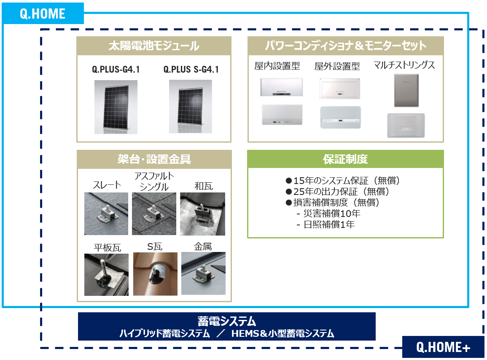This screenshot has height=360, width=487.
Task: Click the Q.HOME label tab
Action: (43, 14)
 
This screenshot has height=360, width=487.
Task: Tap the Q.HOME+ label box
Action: (443, 347)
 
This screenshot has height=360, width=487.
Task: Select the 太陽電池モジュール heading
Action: (154, 46)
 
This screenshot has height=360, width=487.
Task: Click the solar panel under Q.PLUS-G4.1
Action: (116, 107)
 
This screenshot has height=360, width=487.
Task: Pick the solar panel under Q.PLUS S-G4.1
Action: (191, 107)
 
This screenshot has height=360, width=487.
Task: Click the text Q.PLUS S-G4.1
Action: (191, 69)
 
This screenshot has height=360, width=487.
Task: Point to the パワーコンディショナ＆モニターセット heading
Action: (345, 46)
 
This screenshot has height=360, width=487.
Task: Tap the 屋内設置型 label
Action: (277, 66)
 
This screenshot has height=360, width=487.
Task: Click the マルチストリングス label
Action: (404, 65)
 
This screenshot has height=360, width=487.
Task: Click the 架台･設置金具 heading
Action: (154, 159)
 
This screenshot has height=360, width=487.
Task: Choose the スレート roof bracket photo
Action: (106, 214)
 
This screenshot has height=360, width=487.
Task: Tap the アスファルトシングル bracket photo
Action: (154, 214)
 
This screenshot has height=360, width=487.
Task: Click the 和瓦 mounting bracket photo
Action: (202, 214)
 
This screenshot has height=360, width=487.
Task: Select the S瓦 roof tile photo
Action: (154, 274)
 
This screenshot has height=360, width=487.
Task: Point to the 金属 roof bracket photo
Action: (203, 273)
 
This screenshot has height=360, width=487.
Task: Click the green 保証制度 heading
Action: (345, 159)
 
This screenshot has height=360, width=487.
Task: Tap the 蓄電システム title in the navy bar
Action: (226, 321)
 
